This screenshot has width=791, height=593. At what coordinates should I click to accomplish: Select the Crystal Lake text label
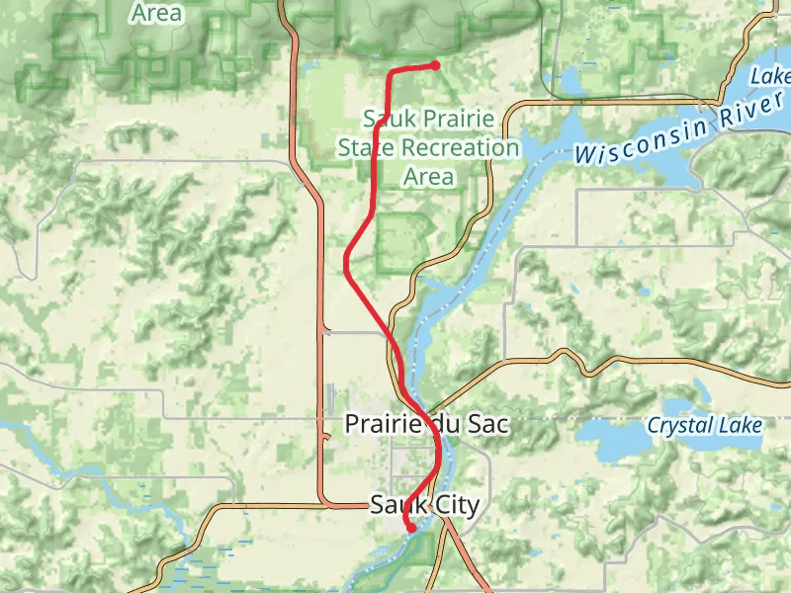(704, 425)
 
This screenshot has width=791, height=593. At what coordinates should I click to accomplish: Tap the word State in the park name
(365, 148)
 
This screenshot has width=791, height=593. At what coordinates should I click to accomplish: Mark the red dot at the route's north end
(435, 65)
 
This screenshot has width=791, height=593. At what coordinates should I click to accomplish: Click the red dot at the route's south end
(410, 528)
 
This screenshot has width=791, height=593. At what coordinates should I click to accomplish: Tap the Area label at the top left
(156, 13)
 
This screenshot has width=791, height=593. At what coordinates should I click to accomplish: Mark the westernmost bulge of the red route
(345, 264)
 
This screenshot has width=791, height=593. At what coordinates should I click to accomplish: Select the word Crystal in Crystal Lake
(679, 425)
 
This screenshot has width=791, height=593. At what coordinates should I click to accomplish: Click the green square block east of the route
(402, 243)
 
